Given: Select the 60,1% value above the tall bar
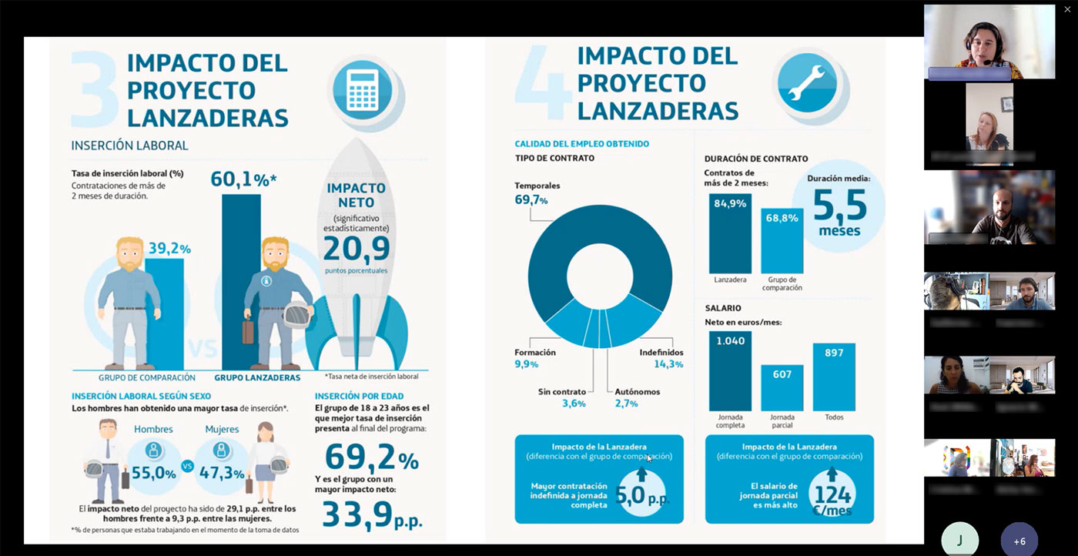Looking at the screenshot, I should click(x=243, y=180).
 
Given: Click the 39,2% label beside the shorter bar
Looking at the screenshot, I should click(x=169, y=248).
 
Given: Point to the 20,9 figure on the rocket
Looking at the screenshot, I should click(x=357, y=248).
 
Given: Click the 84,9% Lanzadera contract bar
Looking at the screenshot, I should click(x=730, y=233).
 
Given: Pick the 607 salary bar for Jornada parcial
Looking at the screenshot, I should click(x=782, y=387).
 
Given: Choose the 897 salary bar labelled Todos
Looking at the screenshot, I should click(x=834, y=377).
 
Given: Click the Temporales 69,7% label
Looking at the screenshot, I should click(x=537, y=193).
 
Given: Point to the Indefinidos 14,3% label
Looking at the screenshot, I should click(x=661, y=358).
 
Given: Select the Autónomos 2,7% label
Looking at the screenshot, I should click(x=637, y=397).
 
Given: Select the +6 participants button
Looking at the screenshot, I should click(x=1019, y=541).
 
